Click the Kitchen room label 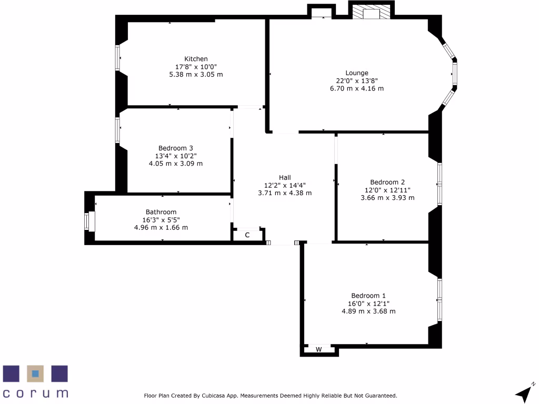click(x=196, y=59)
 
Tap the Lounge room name click(x=357, y=73)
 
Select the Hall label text click(x=285, y=178)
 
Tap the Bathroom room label click(x=161, y=213)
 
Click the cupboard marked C click(x=247, y=235)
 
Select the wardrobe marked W click(x=318, y=349)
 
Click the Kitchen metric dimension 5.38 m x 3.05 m click(x=196, y=74)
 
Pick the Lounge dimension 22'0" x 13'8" click(x=357, y=81)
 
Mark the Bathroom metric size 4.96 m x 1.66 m click(x=161, y=228)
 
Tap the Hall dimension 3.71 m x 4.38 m click(x=285, y=193)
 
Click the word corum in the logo click(x=35, y=393)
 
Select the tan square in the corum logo click(x=35, y=373)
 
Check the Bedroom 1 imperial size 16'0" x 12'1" click(x=368, y=304)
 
